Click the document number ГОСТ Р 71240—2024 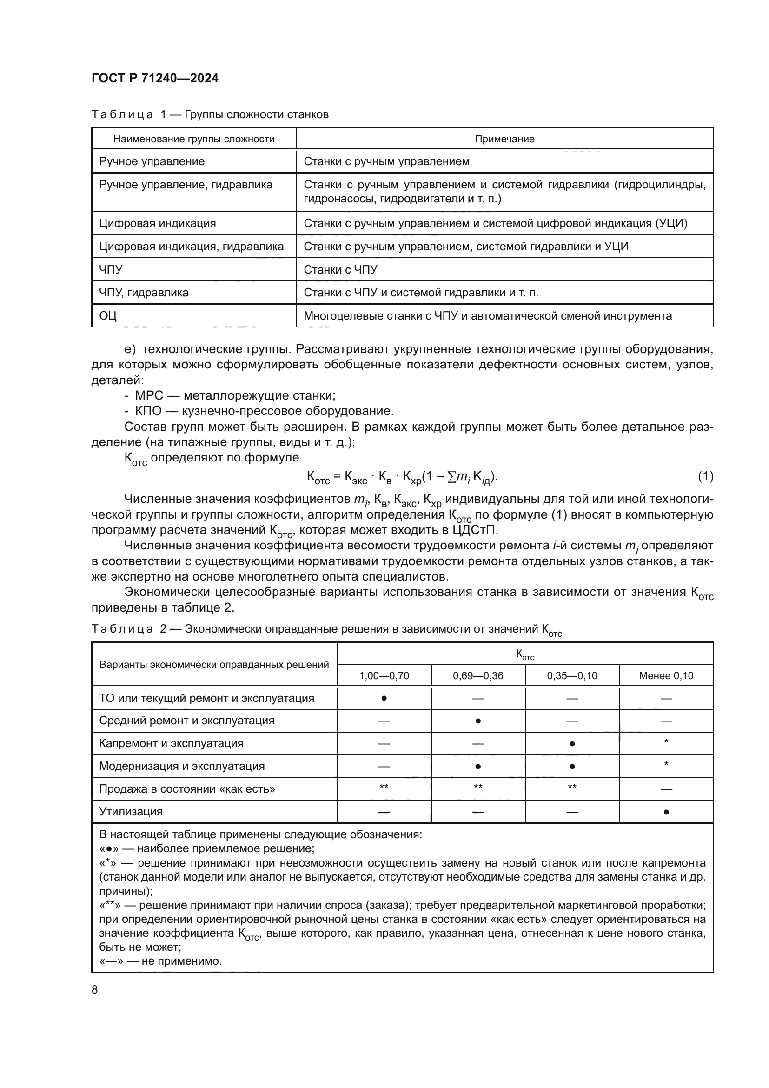click(155, 79)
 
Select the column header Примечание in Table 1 click(504, 139)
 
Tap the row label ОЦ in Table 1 click(108, 315)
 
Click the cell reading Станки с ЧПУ click(340, 270)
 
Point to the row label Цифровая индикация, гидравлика click(191, 247)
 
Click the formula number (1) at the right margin click(705, 476)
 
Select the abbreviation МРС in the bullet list click(149, 396)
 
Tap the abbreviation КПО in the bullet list click(148, 411)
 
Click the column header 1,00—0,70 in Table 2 click(384, 676)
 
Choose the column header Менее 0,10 click(666, 676)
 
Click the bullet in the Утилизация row click(666, 812)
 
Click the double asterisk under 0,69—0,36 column click(478, 787)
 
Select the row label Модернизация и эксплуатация click(182, 766)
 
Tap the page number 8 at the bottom click(95, 990)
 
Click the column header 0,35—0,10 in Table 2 click(572, 676)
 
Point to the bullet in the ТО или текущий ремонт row click(384, 699)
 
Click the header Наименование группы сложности click(194, 139)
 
